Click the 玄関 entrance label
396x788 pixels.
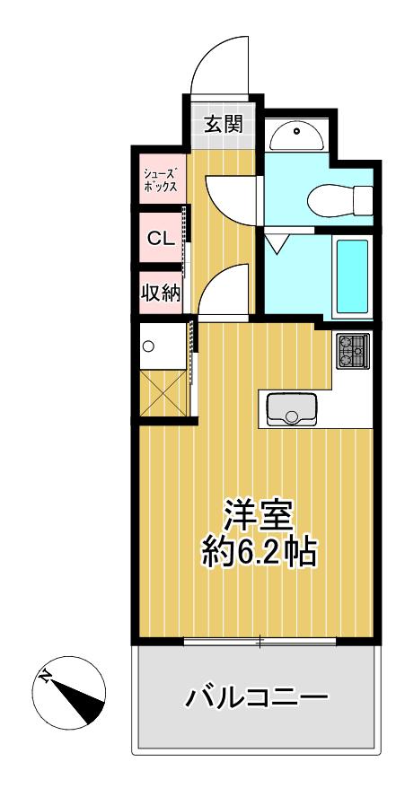223,124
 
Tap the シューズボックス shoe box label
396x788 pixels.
160,180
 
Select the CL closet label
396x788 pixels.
161,238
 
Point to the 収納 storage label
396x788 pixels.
161,293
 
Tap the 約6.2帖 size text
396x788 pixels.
259,552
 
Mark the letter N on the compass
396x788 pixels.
46,677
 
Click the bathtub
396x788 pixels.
352,276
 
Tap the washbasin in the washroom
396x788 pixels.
296,135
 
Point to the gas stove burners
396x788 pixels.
353,351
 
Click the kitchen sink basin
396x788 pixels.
292,408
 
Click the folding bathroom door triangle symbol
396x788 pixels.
275,241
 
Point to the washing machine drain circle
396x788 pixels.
148,346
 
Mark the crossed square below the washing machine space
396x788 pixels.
163,393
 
